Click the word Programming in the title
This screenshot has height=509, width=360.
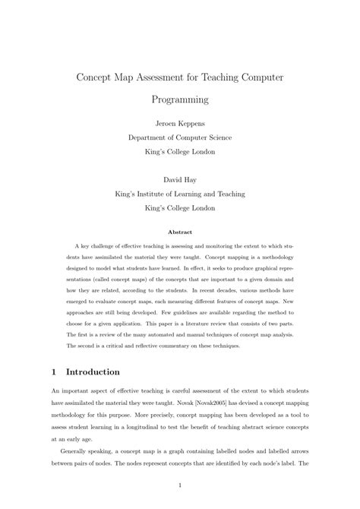pos(179,100)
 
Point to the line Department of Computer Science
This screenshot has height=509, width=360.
pos(179,138)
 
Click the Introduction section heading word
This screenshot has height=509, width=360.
pos(93,372)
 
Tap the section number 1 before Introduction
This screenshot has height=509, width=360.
pos(54,372)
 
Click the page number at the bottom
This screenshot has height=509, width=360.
pos(179,484)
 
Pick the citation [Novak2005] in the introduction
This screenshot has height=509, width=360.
pos(196,406)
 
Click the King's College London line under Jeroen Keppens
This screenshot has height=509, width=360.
pos(179,151)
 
